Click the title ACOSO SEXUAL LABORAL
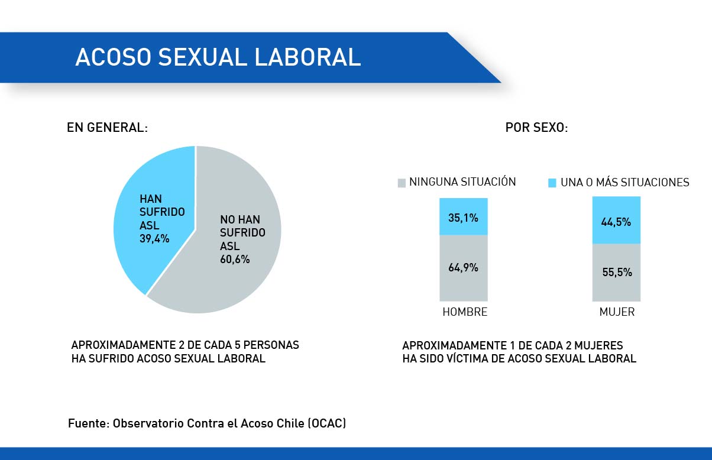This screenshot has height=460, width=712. tap(218, 57)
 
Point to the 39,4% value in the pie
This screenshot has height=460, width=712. tap(154, 239)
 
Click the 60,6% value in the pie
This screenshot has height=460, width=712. tap(235, 259)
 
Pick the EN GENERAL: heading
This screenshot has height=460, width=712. tap(107, 128)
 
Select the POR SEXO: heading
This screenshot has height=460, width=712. tap(536, 128)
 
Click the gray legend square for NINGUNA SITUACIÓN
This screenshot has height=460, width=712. tap(402, 183)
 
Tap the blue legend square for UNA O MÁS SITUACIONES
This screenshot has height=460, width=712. tap(552, 183)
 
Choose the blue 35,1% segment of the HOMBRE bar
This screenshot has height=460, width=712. tap(463, 217)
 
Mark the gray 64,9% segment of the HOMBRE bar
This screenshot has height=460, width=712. tap(463, 268)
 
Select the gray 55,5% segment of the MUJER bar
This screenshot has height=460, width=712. tap(616, 273)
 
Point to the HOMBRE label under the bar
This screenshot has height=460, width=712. tap(465, 312)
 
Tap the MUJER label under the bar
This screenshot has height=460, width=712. tap(617, 312)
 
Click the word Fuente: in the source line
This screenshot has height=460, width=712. tap(88, 423)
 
